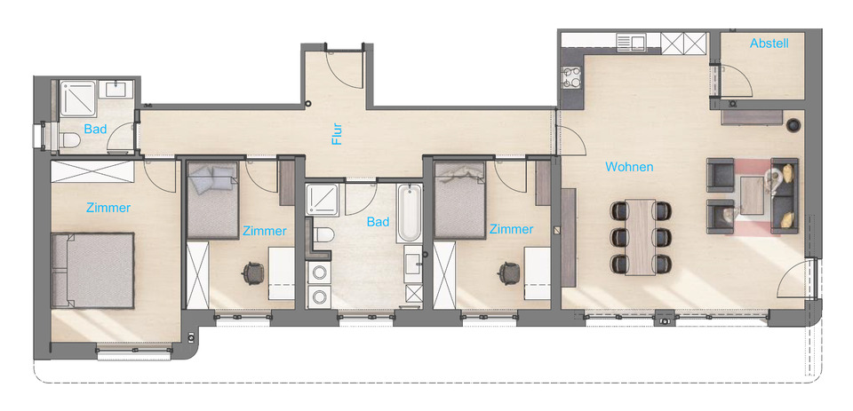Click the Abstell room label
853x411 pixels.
769,43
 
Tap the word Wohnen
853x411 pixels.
629,167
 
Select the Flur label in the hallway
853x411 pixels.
337,133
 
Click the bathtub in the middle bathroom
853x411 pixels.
409,214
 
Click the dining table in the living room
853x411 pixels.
639,237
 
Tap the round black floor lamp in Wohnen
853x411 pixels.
793,124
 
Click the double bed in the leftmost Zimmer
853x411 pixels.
92,270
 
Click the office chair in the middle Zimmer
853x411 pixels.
252,273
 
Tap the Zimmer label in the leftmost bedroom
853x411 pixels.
108,209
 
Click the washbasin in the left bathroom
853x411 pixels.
117,89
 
